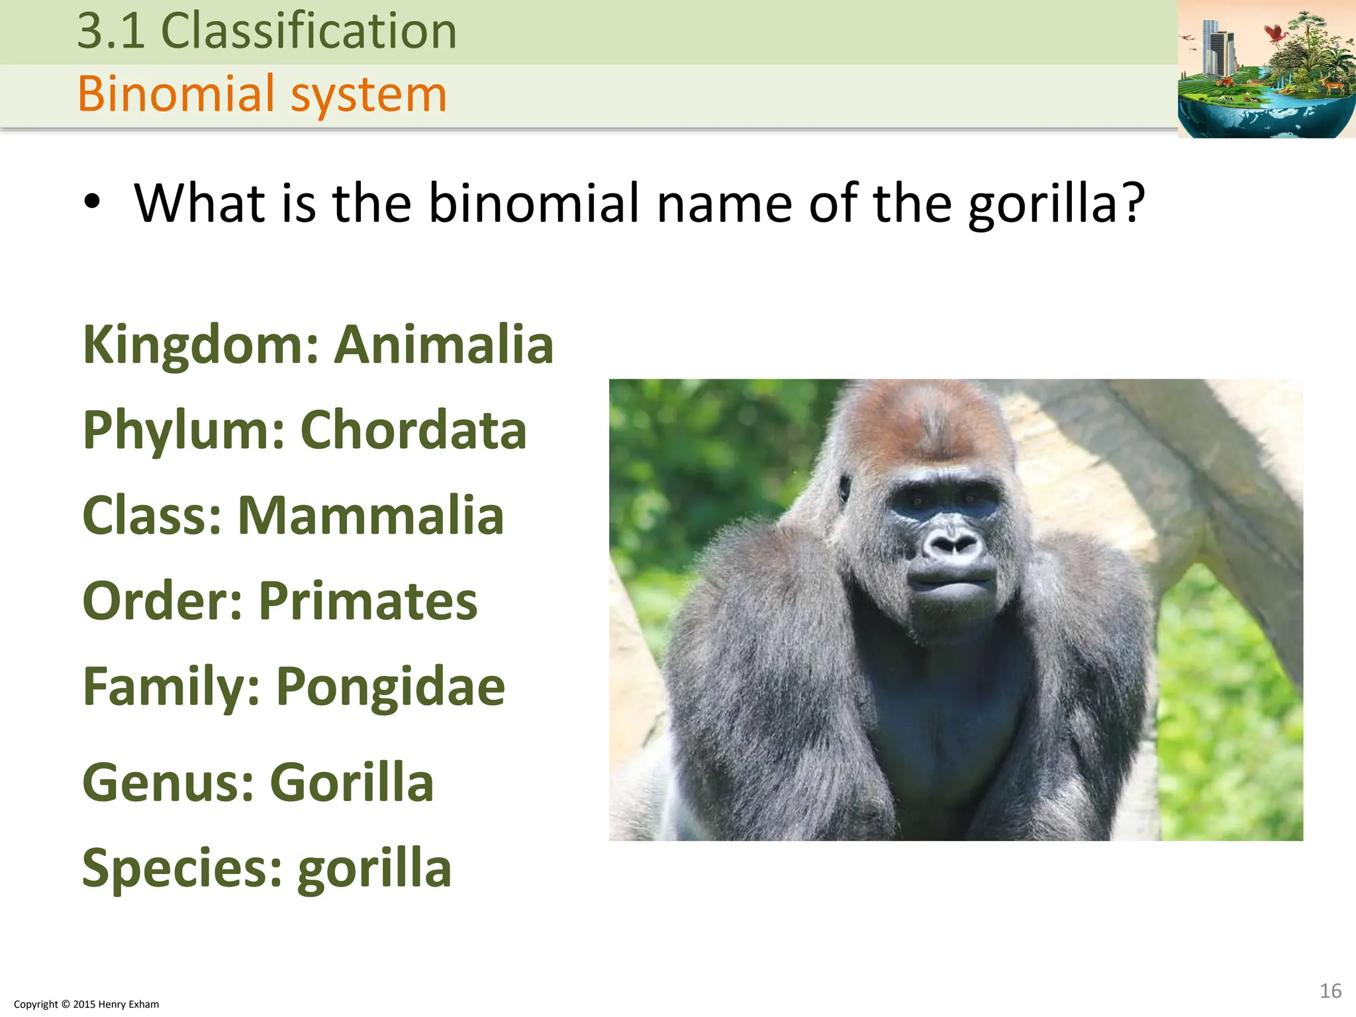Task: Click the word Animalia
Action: point(443,345)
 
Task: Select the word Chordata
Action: point(413,430)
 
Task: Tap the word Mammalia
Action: point(371,516)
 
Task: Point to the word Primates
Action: point(367,601)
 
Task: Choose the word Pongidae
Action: point(390,687)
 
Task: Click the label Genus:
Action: point(168,783)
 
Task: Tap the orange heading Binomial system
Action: point(262,94)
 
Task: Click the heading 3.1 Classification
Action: point(267,31)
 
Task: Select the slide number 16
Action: point(1330,991)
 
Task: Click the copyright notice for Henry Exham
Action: point(86,1004)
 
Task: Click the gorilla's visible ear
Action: point(845,488)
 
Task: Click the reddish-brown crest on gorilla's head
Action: point(927,417)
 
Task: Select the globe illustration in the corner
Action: point(1266,69)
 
